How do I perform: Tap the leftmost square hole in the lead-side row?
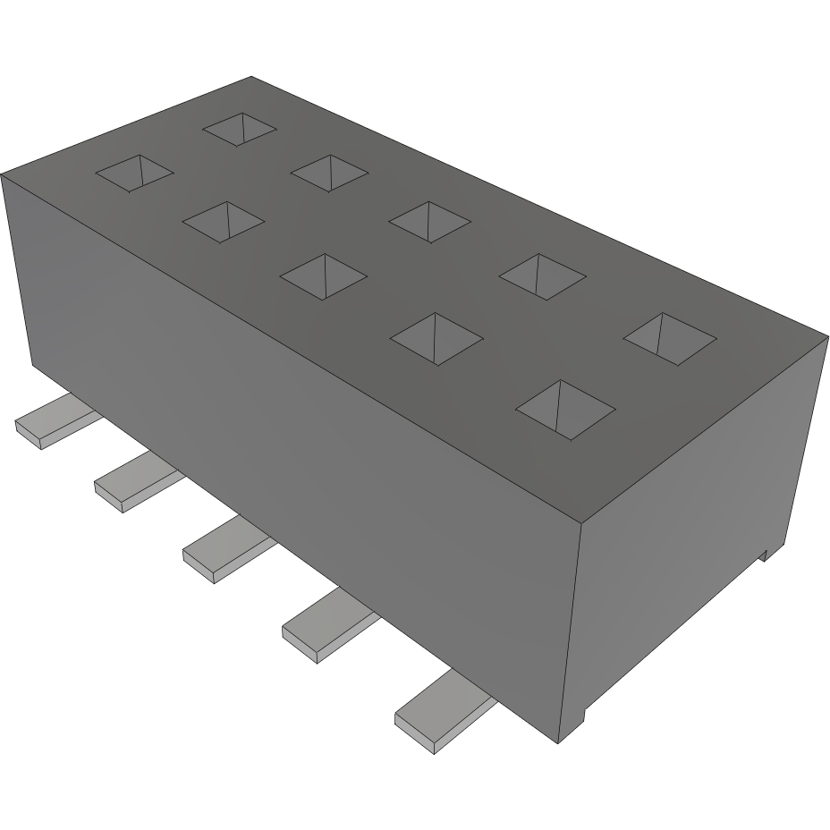click(134, 174)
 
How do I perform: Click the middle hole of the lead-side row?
click(324, 276)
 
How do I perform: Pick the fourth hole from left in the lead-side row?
click(437, 339)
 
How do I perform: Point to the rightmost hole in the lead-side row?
click(566, 410)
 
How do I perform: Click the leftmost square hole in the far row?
click(240, 129)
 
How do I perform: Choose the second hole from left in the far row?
click(329, 172)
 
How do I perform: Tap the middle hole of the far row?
click(430, 221)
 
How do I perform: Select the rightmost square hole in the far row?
click(670, 338)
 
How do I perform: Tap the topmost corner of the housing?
click(251, 77)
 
